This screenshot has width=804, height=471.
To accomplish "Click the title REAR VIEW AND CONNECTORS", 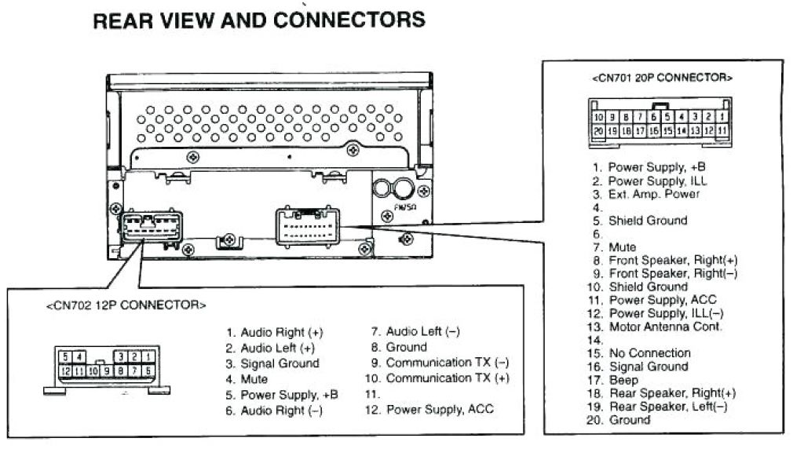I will click(x=259, y=20).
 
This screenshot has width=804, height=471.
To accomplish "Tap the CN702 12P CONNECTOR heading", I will click(x=126, y=305).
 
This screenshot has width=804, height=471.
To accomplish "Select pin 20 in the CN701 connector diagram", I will click(x=598, y=130).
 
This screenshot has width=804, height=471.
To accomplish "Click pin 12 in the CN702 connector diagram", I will click(x=66, y=371).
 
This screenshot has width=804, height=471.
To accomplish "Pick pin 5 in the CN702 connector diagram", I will click(x=66, y=357).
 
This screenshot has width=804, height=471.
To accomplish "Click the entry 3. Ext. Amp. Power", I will click(x=647, y=194).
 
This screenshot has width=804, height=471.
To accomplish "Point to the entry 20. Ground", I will click(x=620, y=420).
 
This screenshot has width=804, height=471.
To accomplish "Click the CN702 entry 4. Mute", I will click(x=247, y=379).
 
